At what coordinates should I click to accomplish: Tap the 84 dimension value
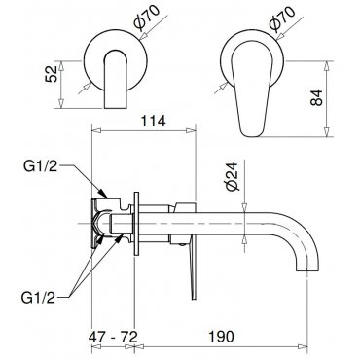tap(316, 97)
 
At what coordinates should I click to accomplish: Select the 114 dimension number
tap(153, 121)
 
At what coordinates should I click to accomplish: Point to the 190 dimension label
tap(221, 337)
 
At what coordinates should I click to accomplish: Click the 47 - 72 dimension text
tap(113, 337)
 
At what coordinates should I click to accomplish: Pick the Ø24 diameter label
tap(234, 176)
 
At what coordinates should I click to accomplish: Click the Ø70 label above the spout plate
tap(147, 18)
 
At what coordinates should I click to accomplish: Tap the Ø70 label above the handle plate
tap(282, 19)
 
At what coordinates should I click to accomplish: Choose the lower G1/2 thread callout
tap(38, 297)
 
